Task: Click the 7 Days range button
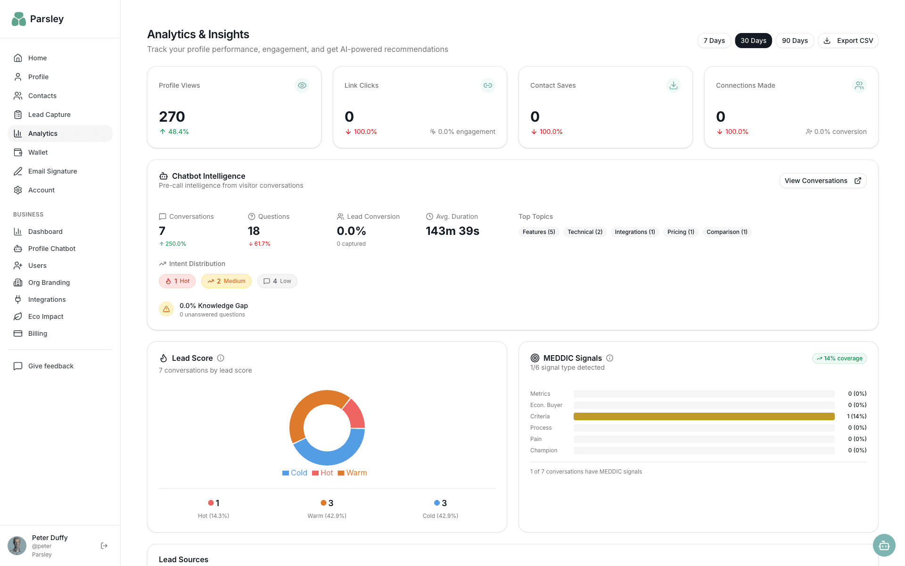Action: tap(714, 41)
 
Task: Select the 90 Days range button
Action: tap(794, 41)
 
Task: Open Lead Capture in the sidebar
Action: tap(49, 115)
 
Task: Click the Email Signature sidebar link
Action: tap(52, 171)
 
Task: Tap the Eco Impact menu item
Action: tap(45, 316)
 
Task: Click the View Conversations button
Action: tap(822, 181)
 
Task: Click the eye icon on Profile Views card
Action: tap(302, 85)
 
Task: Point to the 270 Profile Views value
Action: tap(172, 117)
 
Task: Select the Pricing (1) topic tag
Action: tap(680, 232)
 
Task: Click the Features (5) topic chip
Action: tap(538, 232)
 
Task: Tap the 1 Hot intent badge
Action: tap(177, 281)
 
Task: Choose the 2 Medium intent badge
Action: tap(226, 281)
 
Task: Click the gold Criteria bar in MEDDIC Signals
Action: tap(703, 416)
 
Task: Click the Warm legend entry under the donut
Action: tap(352, 473)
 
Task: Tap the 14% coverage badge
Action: tap(839, 358)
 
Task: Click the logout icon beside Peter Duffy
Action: tap(104, 546)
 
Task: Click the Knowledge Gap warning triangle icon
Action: tap(166, 309)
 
